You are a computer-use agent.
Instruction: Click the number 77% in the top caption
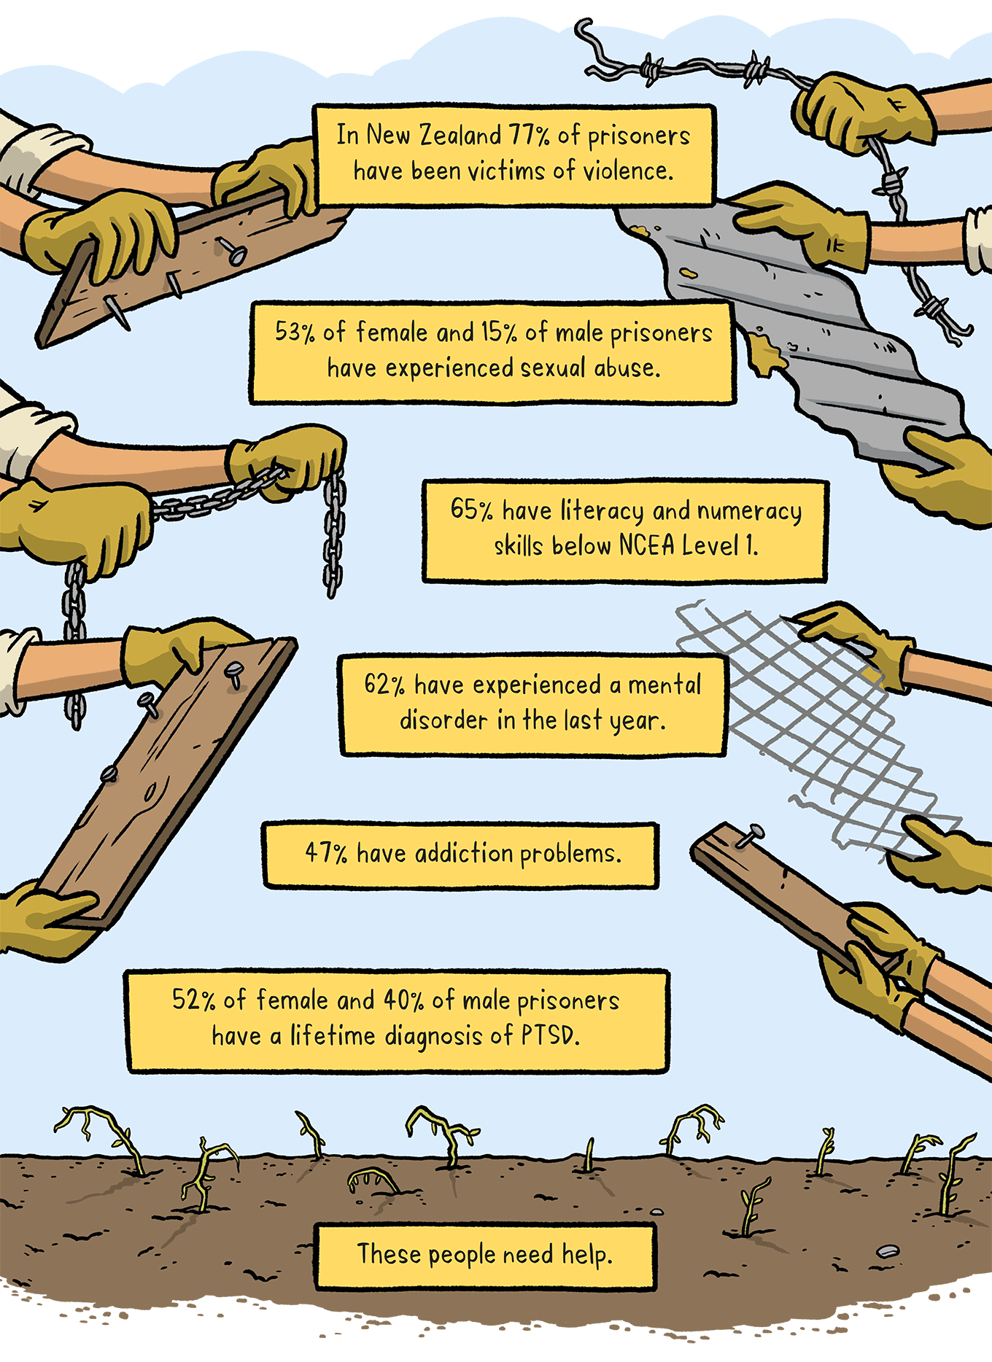(x=529, y=135)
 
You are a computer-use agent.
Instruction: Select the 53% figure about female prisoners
(x=295, y=332)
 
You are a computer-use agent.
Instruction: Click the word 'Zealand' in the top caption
(x=460, y=135)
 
